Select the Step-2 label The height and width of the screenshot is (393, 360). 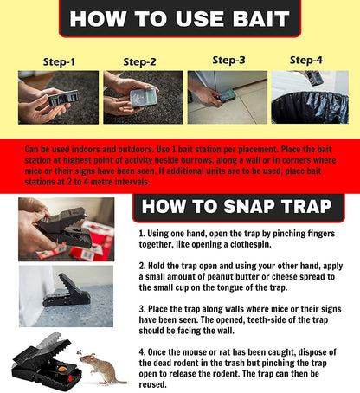(x=139, y=62)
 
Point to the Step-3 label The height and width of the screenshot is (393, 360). (x=228, y=61)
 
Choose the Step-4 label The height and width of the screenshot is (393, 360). (x=305, y=61)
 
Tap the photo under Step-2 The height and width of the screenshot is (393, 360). (x=139, y=97)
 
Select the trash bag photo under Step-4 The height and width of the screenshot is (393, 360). (x=309, y=99)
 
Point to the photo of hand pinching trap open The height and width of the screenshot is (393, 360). (x=54, y=229)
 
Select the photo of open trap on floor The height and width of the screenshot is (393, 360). (x=54, y=297)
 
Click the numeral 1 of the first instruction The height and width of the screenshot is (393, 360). (x=142, y=235)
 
